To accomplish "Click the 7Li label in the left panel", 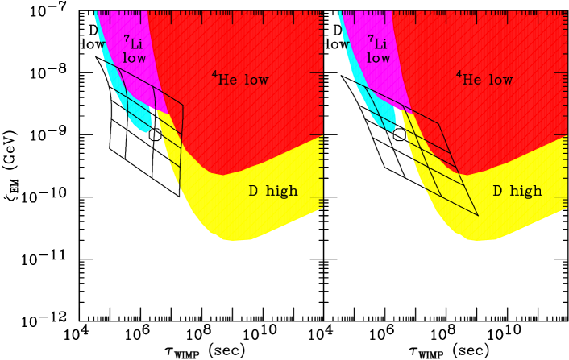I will point(135,43).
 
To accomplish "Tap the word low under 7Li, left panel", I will point(135,59).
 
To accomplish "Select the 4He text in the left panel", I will point(224,79).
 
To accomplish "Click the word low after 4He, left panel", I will point(255,80).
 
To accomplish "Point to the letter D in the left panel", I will point(253,192).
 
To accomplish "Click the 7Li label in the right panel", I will point(379,43).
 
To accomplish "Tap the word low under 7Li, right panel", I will point(379,59).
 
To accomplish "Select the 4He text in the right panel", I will point(468,79).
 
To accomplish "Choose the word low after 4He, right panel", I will point(500,80).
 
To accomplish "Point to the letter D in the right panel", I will point(497,192).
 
